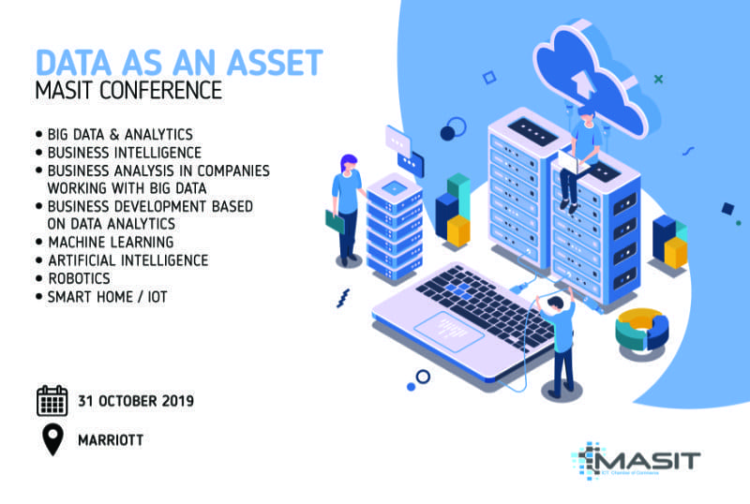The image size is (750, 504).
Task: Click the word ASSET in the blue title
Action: coord(275,63)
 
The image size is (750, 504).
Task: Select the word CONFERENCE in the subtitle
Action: coord(160,90)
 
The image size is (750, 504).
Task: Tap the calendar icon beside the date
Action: coord(52,401)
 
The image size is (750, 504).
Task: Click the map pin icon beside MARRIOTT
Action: coord(52,439)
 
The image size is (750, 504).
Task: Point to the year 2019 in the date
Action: coord(177,401)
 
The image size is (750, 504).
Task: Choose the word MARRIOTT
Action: coord(111,440)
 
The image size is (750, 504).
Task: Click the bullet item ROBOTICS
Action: coord(80,278)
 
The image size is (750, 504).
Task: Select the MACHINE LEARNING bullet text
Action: coord(111,242)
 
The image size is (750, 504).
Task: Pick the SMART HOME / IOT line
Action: coord(108,296)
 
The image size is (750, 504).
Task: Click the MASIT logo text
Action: coord(646,460)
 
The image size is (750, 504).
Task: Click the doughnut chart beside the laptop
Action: coord(641,330)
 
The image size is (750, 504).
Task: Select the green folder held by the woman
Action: coord(335,222)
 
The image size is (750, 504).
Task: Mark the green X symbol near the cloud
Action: coord(659,79)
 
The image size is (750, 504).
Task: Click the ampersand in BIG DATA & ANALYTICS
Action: coord(113,134)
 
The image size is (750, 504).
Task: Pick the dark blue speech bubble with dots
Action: coord(411,164)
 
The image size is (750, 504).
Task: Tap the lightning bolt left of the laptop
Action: coord(343,298)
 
